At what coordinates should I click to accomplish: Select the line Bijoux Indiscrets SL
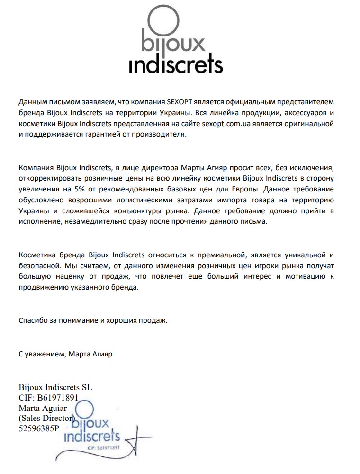[x=55, y=387]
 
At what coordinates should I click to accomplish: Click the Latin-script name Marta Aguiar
[x=43, y=408]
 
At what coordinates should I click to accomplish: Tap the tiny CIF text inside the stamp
[x=102, y=447]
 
